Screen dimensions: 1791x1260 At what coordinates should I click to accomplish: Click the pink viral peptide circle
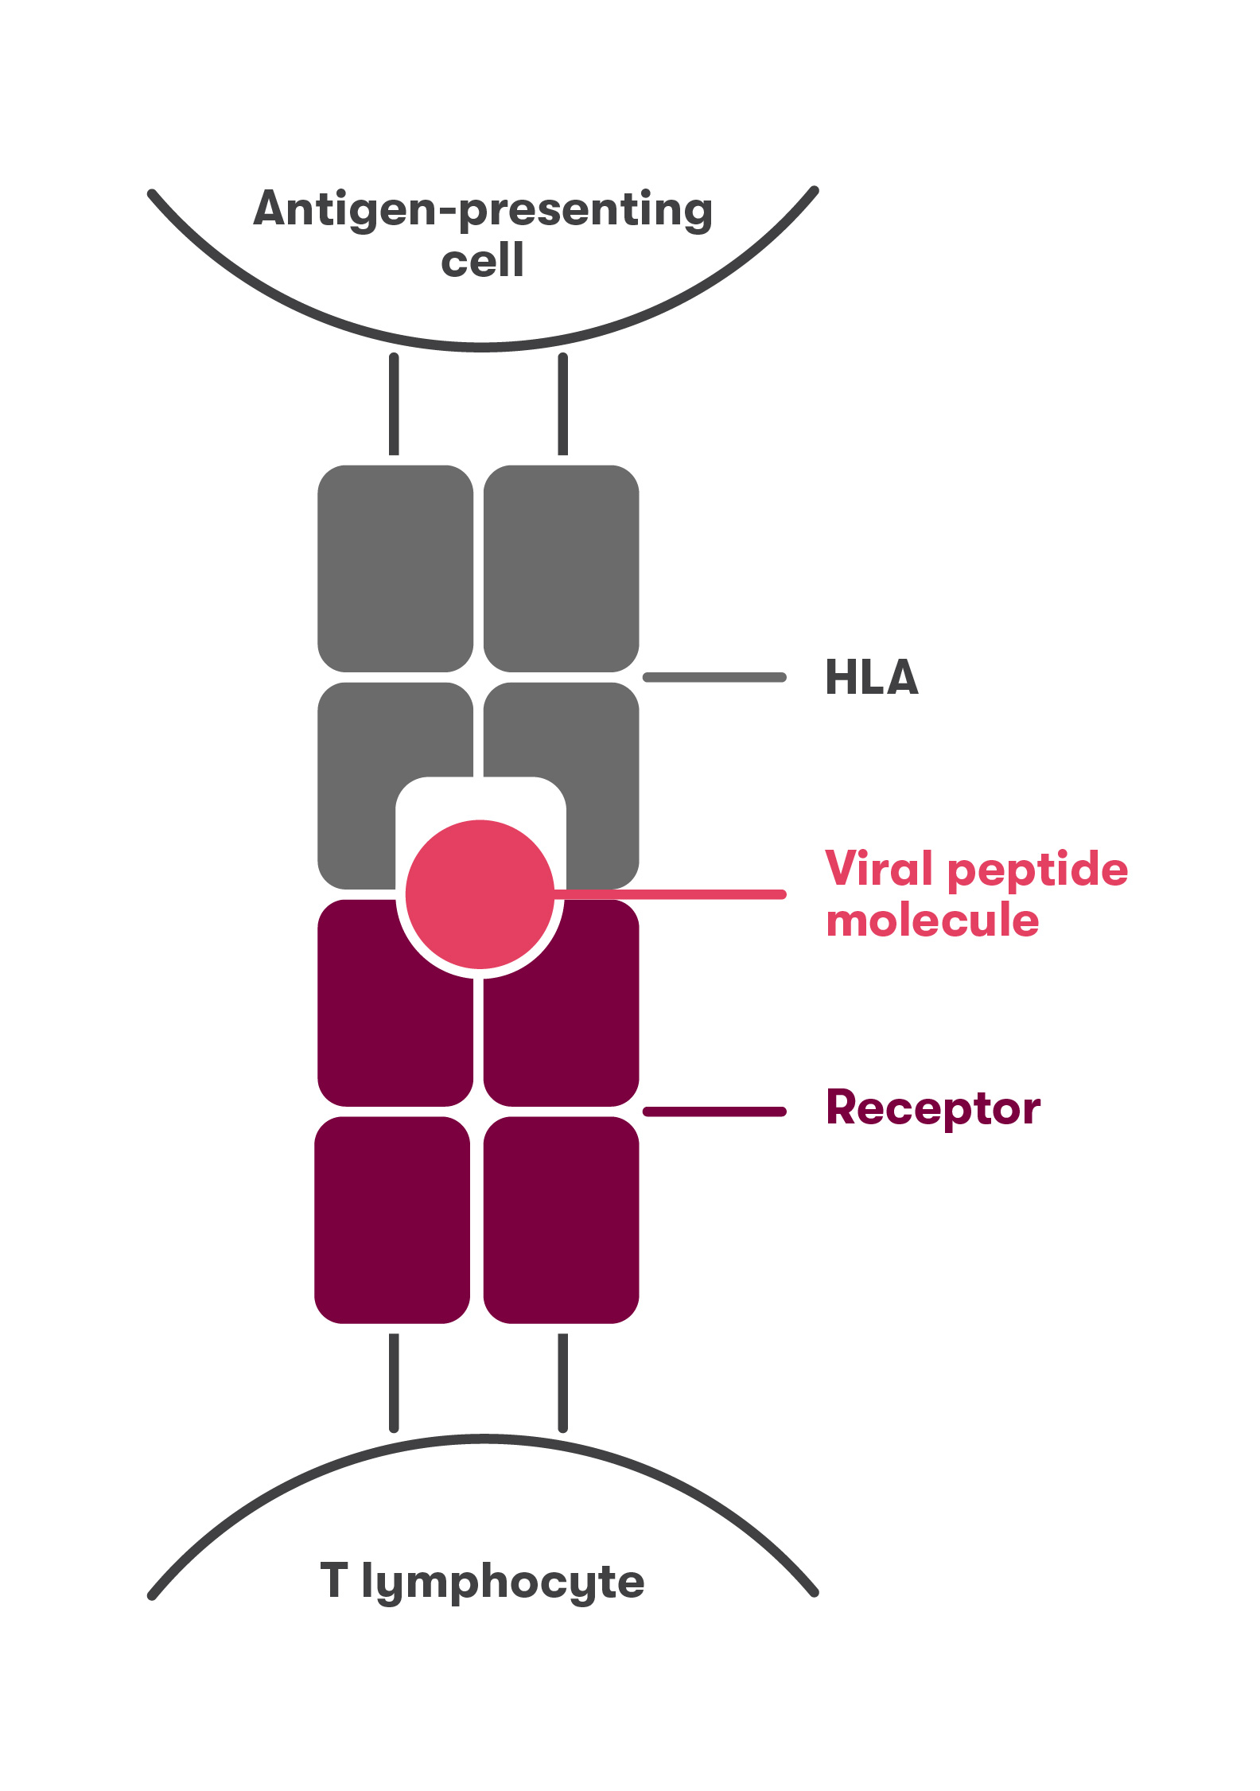click(480, 894)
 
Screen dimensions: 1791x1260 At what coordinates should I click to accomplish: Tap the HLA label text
click(871, 678)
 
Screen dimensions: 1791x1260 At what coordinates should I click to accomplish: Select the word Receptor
click(932, 1108)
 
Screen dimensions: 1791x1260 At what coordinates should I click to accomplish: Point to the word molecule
click(932, 921)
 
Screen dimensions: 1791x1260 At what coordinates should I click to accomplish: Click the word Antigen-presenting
click(483, 209)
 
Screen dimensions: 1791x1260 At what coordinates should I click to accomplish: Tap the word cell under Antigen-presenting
click(483, 261)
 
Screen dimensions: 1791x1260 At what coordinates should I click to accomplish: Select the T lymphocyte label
click(482, 1581)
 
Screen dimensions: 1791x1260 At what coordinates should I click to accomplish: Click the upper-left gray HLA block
click(395, 568)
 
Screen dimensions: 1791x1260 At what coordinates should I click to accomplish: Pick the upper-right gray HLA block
click(561, 568)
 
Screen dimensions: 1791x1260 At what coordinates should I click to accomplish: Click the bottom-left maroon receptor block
click(392, 1220)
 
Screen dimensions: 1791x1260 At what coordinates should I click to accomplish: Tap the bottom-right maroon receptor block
click(561, 1220)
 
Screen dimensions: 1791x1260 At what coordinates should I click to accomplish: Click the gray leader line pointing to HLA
click(714, 677)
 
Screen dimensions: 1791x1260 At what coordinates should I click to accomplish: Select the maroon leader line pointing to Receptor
click(714, 1112)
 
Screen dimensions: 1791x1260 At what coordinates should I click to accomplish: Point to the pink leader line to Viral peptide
click(676, 894)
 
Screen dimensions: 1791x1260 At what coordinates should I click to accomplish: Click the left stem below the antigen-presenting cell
click(394, 404)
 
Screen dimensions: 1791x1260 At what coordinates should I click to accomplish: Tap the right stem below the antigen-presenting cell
click(563, 404)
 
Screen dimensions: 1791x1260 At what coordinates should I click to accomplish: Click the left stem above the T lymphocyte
click(394, 1383)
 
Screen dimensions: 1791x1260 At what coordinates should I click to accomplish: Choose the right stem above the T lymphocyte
click(563, 1383)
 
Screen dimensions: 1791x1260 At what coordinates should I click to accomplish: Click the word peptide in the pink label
click(1038, 870)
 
